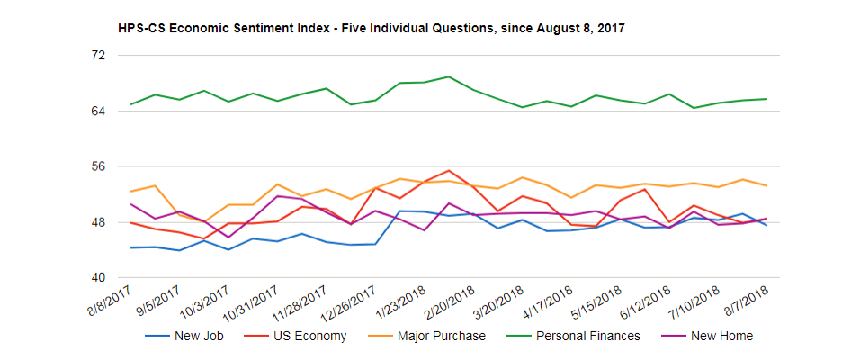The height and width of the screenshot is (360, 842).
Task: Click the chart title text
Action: click(x=371, y=29)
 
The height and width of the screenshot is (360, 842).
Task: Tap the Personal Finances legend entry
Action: click(x=587, y=336)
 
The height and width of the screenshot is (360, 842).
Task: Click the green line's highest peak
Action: click(x=449, y=76)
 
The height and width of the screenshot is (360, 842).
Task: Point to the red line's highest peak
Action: click(x=449, y=170)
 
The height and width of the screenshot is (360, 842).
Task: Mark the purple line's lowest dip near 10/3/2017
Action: click(x=228, y=238)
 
